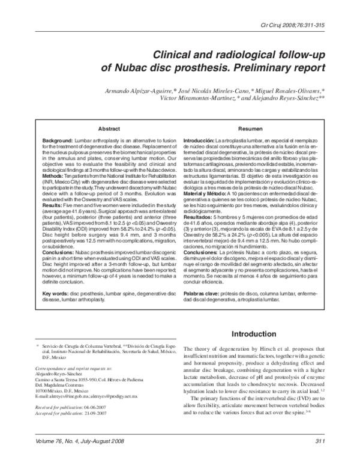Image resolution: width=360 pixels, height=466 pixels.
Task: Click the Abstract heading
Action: [108, 129]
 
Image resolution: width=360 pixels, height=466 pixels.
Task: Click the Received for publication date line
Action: [71, 407]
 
